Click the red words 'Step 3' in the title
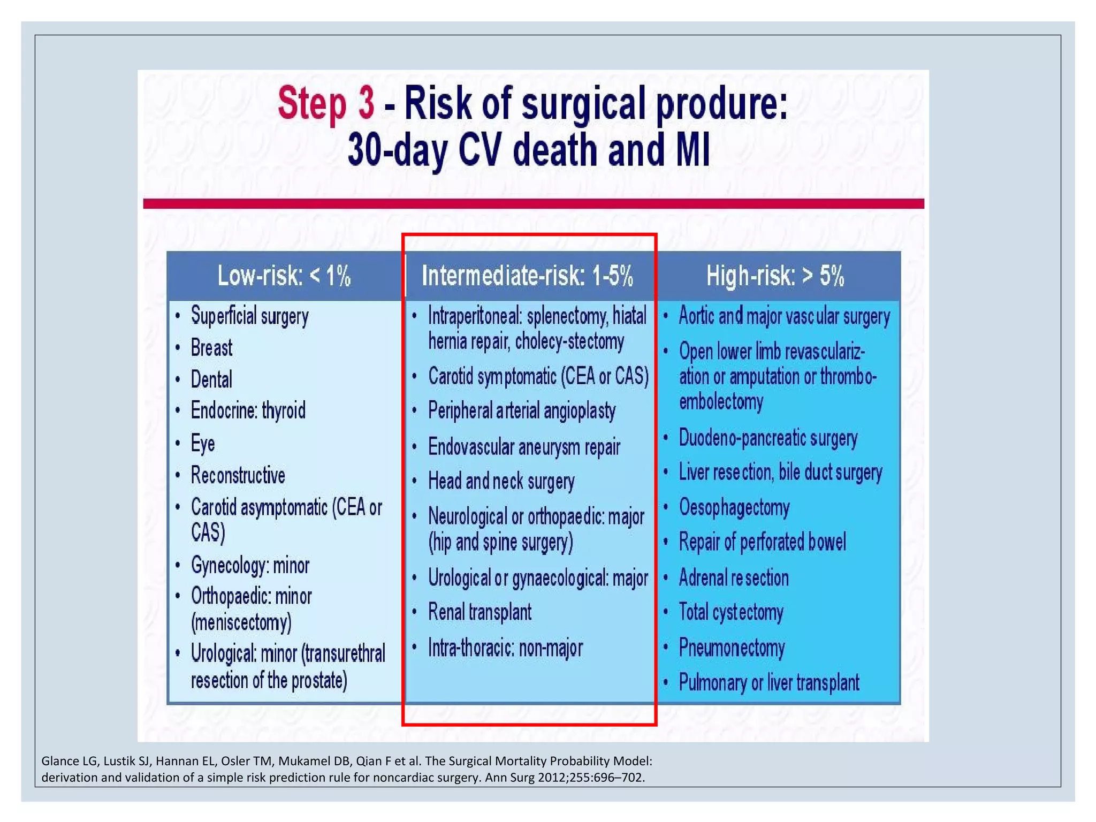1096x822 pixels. point(325,103)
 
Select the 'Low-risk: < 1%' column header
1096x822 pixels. point(284,276)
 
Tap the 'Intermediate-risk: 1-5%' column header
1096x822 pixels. point(527,276)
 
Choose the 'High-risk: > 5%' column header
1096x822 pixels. point(775,276)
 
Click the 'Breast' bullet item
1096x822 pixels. point(211,348)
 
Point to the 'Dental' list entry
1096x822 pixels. point(211,379)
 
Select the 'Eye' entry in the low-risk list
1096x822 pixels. point(203,443)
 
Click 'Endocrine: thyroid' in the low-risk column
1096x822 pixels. point(248,411)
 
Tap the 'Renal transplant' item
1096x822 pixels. point(479,612)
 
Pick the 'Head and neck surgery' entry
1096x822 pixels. point(501,481)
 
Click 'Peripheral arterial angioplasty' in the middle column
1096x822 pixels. point(522,411)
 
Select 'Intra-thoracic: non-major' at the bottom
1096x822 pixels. point(505,648)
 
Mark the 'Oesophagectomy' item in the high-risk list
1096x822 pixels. point(734,507)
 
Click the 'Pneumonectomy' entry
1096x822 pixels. point(732,648)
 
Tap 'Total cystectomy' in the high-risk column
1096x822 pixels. point(731,612)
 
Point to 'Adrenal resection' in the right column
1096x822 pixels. point(734,578)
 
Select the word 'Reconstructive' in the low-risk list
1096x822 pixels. point(238,475)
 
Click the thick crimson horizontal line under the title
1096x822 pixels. point(533,203)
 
